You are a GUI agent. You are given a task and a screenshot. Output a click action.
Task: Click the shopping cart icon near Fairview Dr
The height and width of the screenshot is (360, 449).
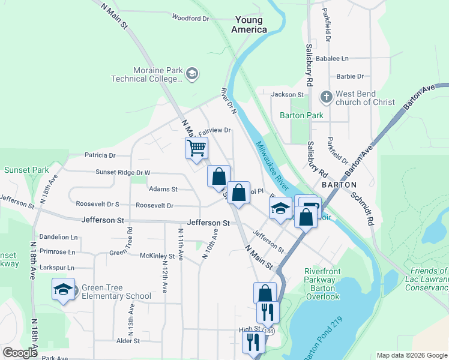pyautogui.click(x=196, y=148)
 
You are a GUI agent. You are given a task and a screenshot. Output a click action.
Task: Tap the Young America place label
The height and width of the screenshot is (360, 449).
pyautogui.click(x=250, y=25)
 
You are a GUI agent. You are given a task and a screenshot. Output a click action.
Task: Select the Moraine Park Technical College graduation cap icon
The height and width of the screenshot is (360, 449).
pyautogui.click(x=192, y=74)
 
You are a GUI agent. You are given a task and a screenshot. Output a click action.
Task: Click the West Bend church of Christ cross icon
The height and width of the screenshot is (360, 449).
pyautogui.click(x=326, y=97)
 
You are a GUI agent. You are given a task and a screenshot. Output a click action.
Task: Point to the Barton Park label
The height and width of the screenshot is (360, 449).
pyautogui.click(x=301, y=115)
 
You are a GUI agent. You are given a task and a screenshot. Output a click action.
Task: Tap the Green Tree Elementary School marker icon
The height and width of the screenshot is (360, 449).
pyautogui.click(x=63, y=289)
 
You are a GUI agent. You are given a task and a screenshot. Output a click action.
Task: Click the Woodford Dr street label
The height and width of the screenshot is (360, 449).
pyautogui.click(x=190, y=18)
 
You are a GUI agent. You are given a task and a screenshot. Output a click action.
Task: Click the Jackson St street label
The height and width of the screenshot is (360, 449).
pyautogui.click(x=288, y=94)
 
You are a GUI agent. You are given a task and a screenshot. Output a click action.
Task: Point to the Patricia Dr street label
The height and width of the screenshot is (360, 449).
pyautogui.click(x=100, y=155)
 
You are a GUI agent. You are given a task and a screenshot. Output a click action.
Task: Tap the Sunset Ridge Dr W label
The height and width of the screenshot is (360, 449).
pyautogui.click(x=122, y=172)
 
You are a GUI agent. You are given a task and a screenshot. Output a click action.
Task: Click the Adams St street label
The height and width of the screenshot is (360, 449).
pyautogui.click(x=163, y=189)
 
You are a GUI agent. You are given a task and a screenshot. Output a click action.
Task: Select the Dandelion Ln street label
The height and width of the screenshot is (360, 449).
pyautogui.click(x=58, y=238)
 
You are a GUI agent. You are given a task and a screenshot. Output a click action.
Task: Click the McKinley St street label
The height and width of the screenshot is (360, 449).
pyautogui.click(x=157, y=256)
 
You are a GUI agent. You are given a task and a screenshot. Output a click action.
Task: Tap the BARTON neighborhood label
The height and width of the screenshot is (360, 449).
pyautogui.click(x=339, y=185)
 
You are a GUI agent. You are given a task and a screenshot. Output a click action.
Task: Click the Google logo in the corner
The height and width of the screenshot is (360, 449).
pyautogui.click(x=20, y=353)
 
